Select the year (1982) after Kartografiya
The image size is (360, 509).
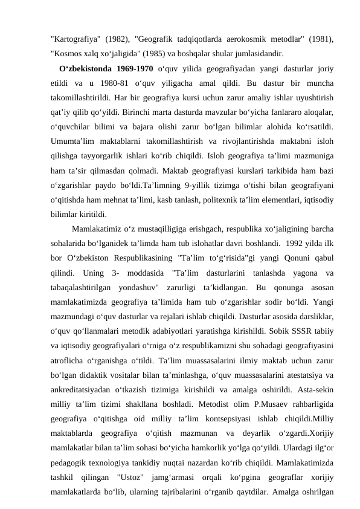click(x=118, y=39)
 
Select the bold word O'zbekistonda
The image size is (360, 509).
click(x=85, y=65)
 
